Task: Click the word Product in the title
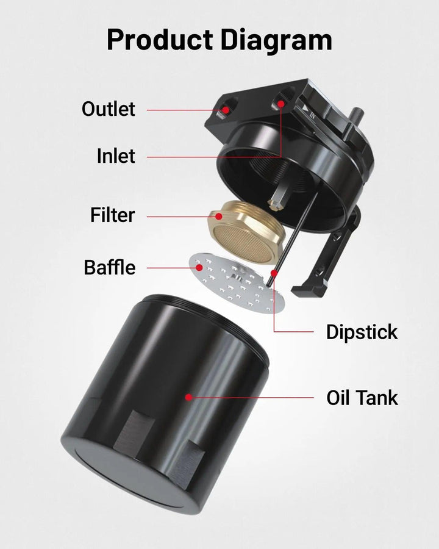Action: pos(160,40)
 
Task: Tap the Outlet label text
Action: pos(108,109)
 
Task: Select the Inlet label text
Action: pos(116,156)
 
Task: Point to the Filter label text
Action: pos(112,215)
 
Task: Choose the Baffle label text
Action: pos(110,267)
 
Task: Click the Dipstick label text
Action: pos(362,332)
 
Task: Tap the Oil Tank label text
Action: pos(362,398)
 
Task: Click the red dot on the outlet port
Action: pos(226,110)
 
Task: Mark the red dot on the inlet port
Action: pos(280,104)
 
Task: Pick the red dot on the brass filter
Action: pos(219,217)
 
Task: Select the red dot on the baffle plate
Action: pos(199,268)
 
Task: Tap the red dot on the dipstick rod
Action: pos(274,273)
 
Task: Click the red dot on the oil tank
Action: pos(188,397)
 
